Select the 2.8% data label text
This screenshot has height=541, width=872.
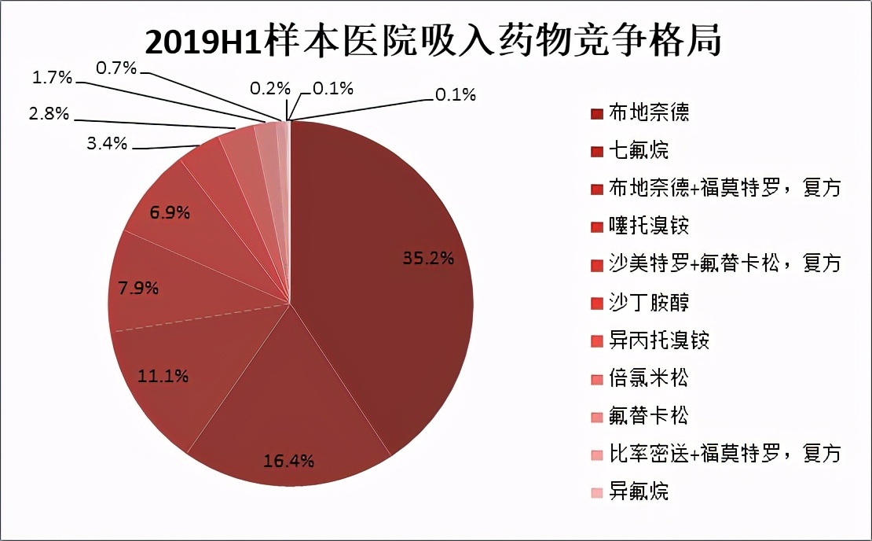(49, 114)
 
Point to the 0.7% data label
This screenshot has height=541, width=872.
(116, 68)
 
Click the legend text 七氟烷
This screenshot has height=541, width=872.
(639, 151)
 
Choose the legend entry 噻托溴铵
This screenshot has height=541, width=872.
(649, 226)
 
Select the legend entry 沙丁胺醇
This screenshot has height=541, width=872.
(649, 303)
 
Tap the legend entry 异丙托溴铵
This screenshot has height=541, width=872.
(659, 340)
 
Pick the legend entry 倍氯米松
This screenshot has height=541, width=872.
(649, 378)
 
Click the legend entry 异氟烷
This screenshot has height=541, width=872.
(639, 492)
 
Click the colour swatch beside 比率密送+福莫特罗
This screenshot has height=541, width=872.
(596, 455)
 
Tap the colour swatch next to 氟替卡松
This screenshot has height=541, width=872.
(596, 417)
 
